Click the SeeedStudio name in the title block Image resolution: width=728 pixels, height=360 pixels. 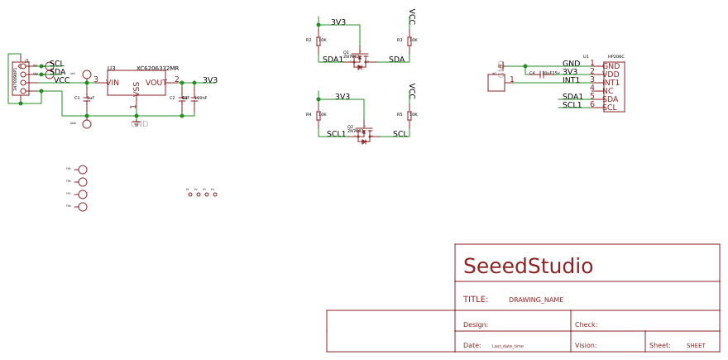[x=528, y=266]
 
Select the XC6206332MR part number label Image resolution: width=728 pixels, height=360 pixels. [x=157, y=69]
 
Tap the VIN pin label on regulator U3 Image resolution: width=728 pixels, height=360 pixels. [x=113, y=83]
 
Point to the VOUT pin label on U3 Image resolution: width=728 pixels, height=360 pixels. [x=156, y=83]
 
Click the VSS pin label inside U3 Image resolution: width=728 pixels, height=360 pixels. [x=136, y=89]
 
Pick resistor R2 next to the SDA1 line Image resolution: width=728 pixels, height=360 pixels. [x=318, y=40]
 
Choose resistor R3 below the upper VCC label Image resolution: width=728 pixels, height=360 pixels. [x=409, y=40]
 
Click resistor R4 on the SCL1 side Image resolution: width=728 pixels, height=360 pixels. [x=318, y=114]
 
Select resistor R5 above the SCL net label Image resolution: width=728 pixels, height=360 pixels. [x=409, y=114]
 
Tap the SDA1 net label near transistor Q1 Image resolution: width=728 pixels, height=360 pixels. [x=333, y=60]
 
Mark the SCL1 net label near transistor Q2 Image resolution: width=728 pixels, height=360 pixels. [x=336, y=134]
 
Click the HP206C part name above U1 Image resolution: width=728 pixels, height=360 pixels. [x=615, y=57]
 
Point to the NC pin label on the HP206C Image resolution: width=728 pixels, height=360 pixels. [x=608, y=91]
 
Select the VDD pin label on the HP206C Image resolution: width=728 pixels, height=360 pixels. [x=611, y=74]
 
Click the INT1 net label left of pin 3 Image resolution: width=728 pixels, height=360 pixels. [x=571, y=80]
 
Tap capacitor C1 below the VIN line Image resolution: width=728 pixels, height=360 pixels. [x=87, y=98]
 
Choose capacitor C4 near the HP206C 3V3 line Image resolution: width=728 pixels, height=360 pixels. [x=541, y=74]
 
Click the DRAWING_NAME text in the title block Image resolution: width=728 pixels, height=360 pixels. [x=535, y=300]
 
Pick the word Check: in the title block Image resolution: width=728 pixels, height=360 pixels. [x=586, y=325]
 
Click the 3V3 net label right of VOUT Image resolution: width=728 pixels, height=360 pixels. [x=210, y=80]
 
